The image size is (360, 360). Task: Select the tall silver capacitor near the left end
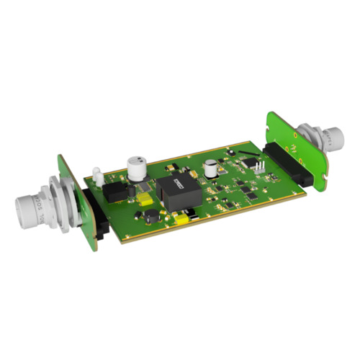pyautogui.click(x=136, y=166)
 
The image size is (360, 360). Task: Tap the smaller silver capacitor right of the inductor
pyautogui.click(x=210, y=168)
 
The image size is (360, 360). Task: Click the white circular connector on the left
pyautogui.click(x=29, y=209)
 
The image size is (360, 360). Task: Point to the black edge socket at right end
pyautogui.click(x=286, y=165)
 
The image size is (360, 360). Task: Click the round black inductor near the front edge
pyautogui.click(x=151, y=215)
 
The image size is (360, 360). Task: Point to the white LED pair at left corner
pyautogui.click(x=94, y=173)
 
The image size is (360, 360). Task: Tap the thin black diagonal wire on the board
pyautogui.click(x=245, y=154)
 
